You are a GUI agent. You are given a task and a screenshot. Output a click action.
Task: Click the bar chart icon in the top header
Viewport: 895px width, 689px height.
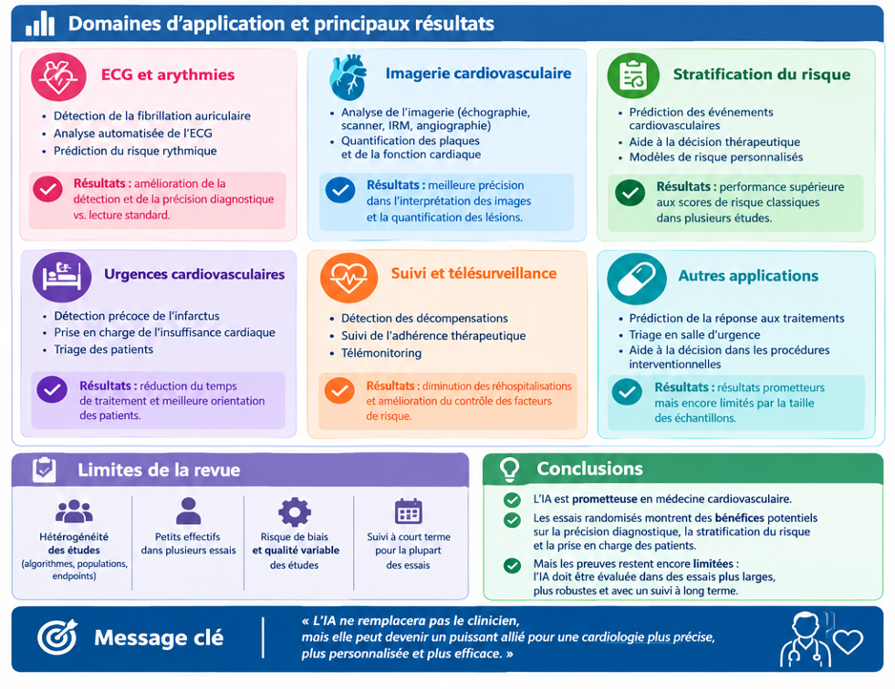click(40, 23)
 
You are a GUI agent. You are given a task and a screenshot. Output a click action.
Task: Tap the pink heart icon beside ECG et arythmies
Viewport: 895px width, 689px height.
click(58, 76)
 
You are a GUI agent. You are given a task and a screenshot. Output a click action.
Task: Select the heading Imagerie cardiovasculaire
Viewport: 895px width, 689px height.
click(478, 73)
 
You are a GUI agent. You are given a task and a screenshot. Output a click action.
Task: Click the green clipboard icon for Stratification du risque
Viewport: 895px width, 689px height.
click(633, 75)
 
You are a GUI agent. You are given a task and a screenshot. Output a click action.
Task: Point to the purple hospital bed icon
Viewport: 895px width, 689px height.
click(62, 277)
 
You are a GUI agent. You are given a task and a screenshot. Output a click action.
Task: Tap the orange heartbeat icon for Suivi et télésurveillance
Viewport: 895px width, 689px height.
click(349, 278)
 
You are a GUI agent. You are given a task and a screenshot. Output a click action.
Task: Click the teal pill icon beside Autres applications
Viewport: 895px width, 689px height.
click(636, 279)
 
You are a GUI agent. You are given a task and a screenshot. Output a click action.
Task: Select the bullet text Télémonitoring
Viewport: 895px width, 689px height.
click(382, 353)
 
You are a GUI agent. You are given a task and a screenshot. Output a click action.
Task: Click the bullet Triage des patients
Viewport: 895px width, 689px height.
click(103, 349)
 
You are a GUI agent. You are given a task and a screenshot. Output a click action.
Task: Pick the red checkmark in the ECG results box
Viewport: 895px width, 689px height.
click(48, 189)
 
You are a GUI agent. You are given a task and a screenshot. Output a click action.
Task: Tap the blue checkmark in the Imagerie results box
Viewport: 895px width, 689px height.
click(341, 191)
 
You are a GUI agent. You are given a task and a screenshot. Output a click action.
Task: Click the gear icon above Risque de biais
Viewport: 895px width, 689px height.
click(295, 512)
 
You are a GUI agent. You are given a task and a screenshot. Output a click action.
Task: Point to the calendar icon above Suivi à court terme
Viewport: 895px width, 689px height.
click(408, 512)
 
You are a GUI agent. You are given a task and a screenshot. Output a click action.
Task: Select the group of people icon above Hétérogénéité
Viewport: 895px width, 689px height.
click(73, 511)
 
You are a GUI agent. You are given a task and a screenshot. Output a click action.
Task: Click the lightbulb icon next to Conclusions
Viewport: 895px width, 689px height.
click(510, 470)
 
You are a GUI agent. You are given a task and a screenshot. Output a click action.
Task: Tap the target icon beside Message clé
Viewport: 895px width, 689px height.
click(57, 637)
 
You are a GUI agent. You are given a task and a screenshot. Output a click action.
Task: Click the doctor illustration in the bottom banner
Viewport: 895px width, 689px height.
click(804, 639)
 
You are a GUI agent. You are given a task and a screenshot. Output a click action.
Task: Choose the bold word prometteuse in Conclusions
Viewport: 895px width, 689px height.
click(605, 499)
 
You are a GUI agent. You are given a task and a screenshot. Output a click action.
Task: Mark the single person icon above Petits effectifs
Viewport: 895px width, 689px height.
click(188, 511)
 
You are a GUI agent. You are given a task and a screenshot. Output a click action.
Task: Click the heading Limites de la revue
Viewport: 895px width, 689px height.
click(158, 470)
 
